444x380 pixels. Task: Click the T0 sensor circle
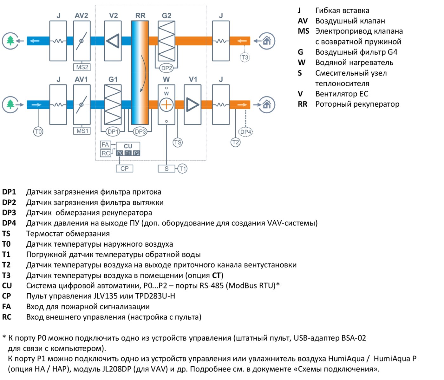(38, 131)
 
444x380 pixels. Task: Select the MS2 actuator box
(82, 67)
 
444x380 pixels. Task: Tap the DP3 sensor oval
(140, 131)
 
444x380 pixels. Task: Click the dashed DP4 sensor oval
(245, 132)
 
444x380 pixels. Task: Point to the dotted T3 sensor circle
(245, 57)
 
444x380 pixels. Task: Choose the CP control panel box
(125, 168)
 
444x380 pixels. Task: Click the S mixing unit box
(166, 169)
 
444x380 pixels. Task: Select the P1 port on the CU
(128, 153)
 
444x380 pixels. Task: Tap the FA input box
(106, 144)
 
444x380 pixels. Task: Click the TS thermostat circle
(178, 142)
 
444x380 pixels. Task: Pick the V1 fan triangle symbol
(193, 105)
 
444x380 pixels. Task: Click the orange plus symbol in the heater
(166, 105)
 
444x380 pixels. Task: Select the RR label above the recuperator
(140, 16)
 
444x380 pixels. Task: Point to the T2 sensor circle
(235, 142)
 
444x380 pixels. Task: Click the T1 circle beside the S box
(182, 169)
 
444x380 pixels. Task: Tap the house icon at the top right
(267, 41)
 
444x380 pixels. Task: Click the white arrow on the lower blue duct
(36, 105)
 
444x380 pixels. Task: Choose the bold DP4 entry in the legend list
(9, 223)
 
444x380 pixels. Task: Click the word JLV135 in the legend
(105, 296)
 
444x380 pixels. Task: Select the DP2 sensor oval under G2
(166, 68)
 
